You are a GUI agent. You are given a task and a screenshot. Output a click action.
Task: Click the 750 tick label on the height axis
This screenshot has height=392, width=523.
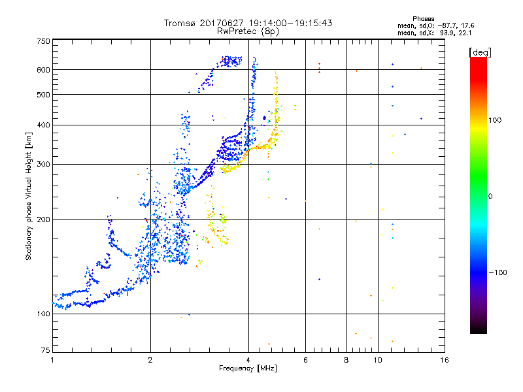click(x=44, y=41)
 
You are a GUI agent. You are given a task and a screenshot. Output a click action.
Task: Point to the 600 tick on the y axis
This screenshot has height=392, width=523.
click(x=44, y=69)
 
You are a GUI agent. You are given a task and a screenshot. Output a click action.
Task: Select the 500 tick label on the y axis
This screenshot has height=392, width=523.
click(x=44, y=95)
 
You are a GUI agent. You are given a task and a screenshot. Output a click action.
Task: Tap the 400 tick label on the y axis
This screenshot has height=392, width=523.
click(x=44, y=125)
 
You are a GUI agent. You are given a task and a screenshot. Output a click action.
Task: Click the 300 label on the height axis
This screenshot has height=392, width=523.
click(x=44, y=164)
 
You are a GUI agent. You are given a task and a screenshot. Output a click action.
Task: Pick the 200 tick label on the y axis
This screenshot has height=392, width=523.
click(x=44, y=219)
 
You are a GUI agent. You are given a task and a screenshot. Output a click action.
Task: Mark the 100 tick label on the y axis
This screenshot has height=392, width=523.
click(x=44, y=314)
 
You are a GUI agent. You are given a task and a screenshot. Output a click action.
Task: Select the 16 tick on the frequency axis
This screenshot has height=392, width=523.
click(x=445, y=360)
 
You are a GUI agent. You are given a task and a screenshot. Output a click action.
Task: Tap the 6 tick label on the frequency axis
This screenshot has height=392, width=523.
click(x=305, y=360)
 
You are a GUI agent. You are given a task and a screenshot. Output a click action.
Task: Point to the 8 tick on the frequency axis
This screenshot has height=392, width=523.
click(x=346, y=360)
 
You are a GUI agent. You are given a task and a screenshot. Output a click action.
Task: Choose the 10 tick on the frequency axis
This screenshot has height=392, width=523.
click(x=378, y=360)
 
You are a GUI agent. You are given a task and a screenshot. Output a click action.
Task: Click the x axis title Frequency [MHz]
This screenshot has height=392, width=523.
click(x=248, y=369)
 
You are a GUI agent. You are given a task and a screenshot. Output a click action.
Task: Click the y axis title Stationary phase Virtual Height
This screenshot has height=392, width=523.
click(x=29, y=196)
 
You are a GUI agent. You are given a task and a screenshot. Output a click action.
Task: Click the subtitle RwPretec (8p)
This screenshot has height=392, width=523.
click(x=248, y=31)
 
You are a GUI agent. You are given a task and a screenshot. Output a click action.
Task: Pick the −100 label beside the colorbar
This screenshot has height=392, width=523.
click(x=498, y=272)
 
